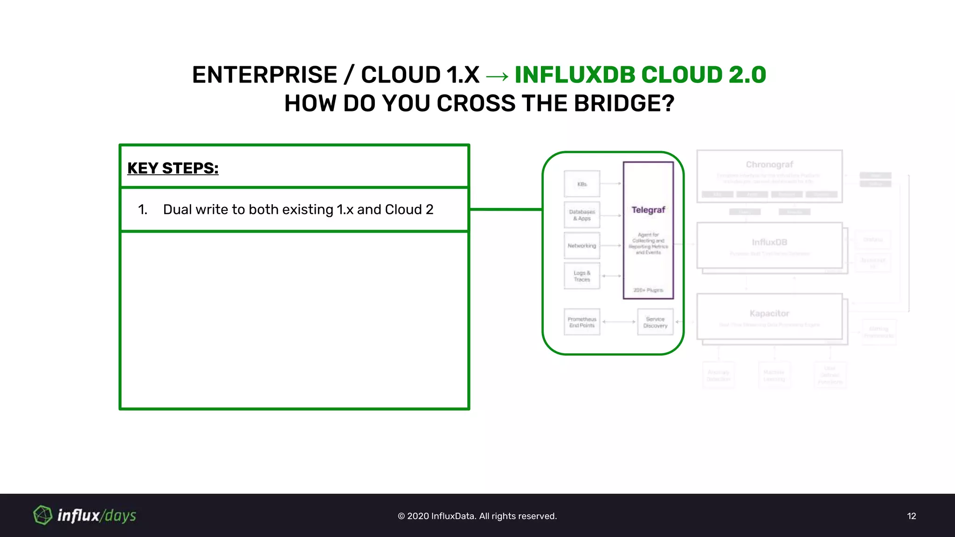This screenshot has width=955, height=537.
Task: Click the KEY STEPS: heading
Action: (173, 168)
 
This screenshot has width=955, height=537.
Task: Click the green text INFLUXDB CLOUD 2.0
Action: (640, 75)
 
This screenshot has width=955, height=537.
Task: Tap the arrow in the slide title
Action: (497, 76)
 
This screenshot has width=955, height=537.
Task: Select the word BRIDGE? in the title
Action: (624, 103)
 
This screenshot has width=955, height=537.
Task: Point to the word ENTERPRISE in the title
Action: (264, 75)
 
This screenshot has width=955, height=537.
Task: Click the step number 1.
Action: (143, 210)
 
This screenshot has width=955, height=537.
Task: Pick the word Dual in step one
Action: (177, 210)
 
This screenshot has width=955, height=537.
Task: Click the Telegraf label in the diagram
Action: (648, 210)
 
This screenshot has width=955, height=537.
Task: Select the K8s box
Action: (582, 184)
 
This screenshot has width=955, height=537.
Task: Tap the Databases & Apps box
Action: (582, 215)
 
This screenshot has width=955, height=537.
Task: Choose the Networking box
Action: (582, 246)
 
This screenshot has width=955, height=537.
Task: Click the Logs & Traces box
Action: (582, 276)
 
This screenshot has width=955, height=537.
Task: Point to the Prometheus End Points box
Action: (582, 322)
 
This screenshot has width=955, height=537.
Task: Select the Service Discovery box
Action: (655, 322)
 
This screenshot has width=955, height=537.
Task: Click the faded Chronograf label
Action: (769, 165)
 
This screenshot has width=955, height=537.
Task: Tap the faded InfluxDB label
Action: (769, 242)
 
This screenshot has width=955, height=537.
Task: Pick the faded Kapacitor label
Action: (769, 313)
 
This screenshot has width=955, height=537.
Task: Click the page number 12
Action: (911, 516)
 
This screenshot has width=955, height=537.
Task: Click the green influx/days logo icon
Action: (42, 515)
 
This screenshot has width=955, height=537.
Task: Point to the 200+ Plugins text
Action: (648, 290)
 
